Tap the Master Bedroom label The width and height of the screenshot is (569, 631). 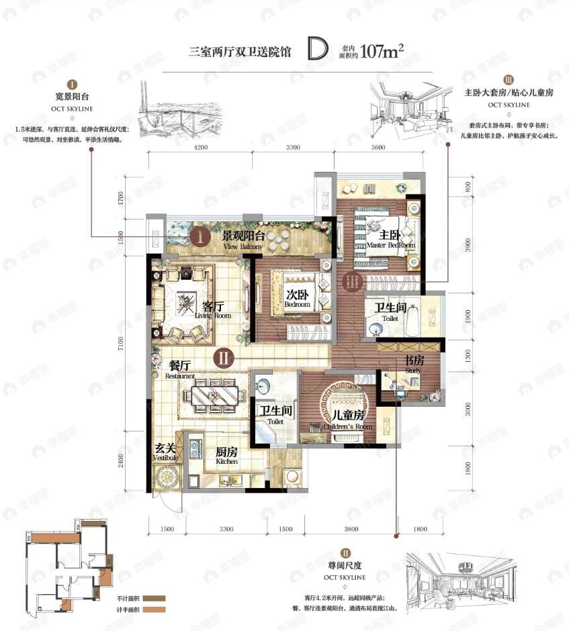[390, 240]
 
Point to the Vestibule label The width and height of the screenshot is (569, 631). [165, 452]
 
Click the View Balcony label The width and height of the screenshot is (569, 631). [243, 240]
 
